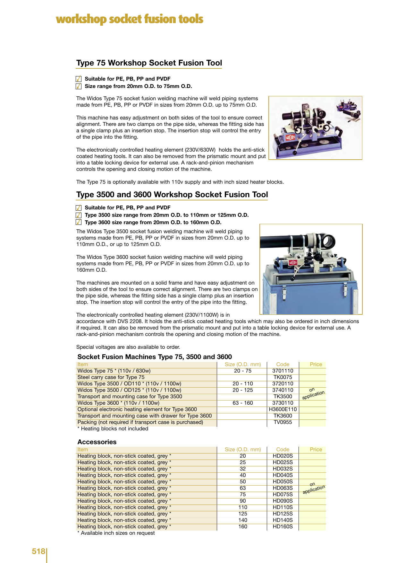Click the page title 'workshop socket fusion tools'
pyautogui.click(x=130, y=19)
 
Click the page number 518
pyautogui.click(x=38, y=551)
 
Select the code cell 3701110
pyautogui.click(x=283, y=371)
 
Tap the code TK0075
pyautogui.click(x=283, y=377)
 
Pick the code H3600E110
pyautogui.click(x=283, y=409)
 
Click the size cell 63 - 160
pyautogui.click(x=243, y=403)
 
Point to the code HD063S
pyautogui.click(x=283, y=488)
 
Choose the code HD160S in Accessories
pyautogui.click(x=283, y=526)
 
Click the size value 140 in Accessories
pyautogui.click(x=243, y=520)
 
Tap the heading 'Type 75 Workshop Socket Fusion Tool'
pyautogui.click(x=149, y=63)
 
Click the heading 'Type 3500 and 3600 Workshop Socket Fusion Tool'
pyautogui.click(x=172, y=195)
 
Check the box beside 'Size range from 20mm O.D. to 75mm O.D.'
pyautogui.click(x=79, y=86)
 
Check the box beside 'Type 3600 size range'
pyautogui.click(x=79, y=222)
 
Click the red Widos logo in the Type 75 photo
pyautogui.click(x=290, y=137)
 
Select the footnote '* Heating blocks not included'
pyautogui.click(x=113, y=428)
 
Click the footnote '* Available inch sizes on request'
pyautogui.click(x=116, y=533)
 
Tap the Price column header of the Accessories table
pyautogui.click(x=316, y=449)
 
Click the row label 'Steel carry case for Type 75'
pyautogui.click(x=111, y=377)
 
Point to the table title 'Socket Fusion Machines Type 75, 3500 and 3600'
pyautogui.click(x=155, y=357)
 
